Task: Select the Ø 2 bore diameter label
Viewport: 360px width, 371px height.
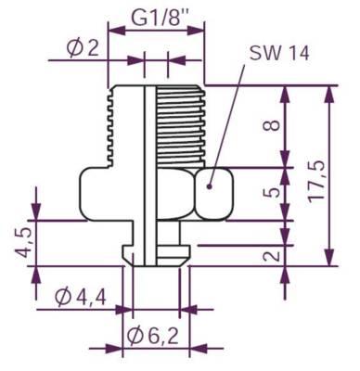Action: point(83,49)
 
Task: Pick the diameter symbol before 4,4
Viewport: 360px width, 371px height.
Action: point(61,299)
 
